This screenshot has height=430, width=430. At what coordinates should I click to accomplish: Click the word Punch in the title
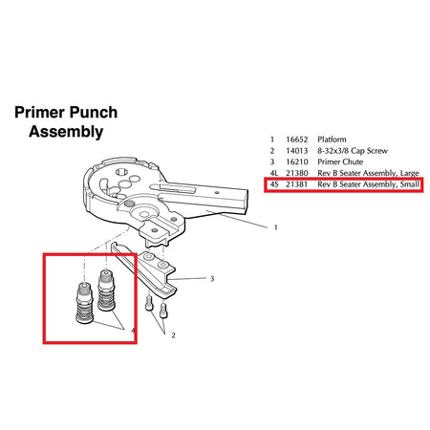94,113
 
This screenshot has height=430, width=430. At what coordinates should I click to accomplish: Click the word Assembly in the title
66,132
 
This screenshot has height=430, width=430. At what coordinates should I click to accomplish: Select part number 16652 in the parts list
297,140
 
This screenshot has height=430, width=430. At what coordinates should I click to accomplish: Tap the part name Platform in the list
332,140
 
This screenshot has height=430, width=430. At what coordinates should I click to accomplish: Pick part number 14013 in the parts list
297,151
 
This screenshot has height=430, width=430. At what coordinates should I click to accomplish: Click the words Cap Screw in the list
370,151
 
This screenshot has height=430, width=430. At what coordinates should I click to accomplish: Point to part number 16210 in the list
297,161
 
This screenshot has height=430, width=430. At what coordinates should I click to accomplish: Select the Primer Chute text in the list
340,161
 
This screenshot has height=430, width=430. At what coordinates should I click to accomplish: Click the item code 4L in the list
274,173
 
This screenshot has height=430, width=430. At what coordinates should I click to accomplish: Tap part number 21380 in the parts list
297,173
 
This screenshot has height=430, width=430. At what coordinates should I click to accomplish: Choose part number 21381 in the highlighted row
297,184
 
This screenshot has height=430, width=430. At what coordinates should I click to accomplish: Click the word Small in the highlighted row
410,184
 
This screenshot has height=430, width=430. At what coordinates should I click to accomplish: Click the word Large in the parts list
410,173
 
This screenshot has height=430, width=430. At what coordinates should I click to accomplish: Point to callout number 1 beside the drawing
276,227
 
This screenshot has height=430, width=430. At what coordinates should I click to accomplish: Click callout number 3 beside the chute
212,279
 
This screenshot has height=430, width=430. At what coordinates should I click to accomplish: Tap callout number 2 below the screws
173,335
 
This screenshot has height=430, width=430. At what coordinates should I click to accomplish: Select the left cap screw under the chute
149,303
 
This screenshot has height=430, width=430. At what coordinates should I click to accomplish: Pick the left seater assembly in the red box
84,303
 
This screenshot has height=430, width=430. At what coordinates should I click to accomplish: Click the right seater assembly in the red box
106,290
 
